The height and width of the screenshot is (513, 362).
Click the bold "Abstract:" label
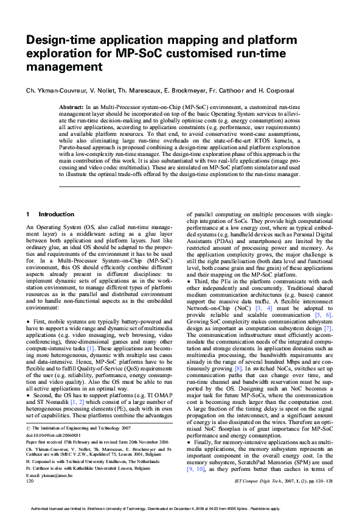[x=71, y=107]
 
